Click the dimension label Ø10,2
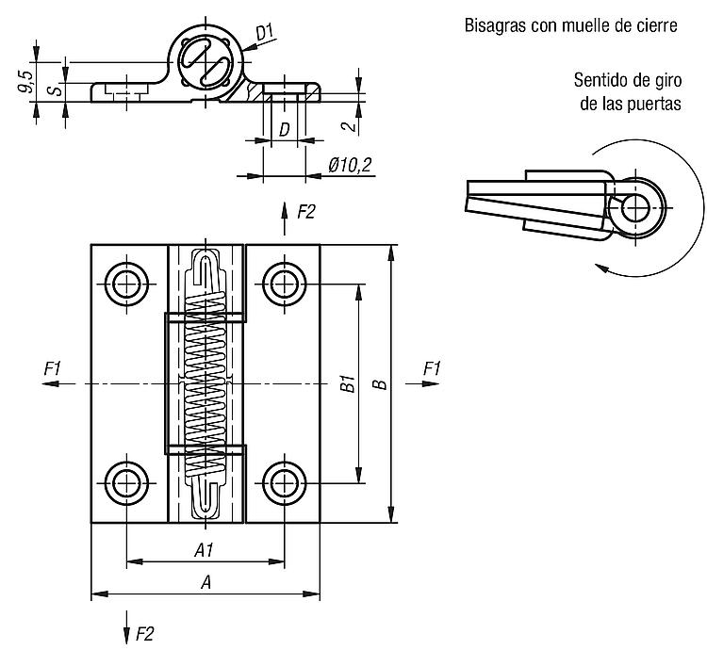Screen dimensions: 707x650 coord(350,165)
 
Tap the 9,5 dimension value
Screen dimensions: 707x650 coord(25,82)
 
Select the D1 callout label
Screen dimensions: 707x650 coord(265,32)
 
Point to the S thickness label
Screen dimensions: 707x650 coord(56,89)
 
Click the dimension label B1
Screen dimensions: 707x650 coord(348,383)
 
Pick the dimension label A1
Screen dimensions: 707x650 coord(204,549)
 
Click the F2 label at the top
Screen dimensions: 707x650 coord(305,211)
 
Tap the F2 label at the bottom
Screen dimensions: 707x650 coord(144,634)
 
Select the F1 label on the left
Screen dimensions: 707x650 coord(52,369)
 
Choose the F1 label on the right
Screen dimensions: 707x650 coord(432,369)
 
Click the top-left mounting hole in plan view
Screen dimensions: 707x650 coord(126,284)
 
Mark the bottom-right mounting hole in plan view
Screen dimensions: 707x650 coord(284,483)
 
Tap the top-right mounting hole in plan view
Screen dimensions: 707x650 coord(284,284)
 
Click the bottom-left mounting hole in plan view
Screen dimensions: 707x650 coord(126,483)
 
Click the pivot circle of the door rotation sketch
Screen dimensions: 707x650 coord(635,208)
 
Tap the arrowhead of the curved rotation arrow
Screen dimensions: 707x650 coord(600,268)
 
